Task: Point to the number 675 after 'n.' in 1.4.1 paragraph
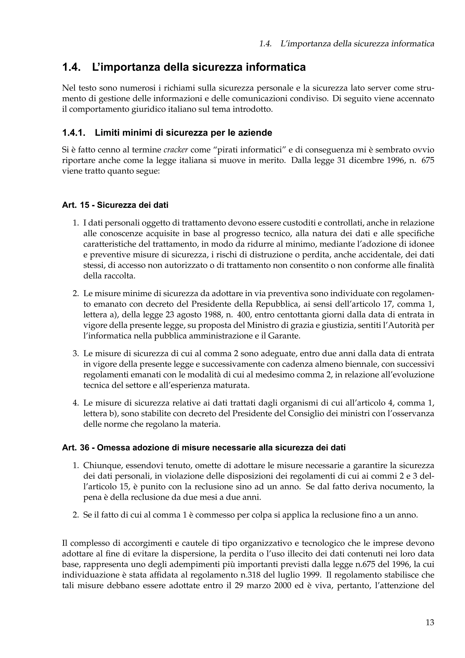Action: [x=428, y=161]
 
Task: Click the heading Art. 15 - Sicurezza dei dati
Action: [x=115, y=205]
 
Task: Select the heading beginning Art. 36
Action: [x=204, y=448]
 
